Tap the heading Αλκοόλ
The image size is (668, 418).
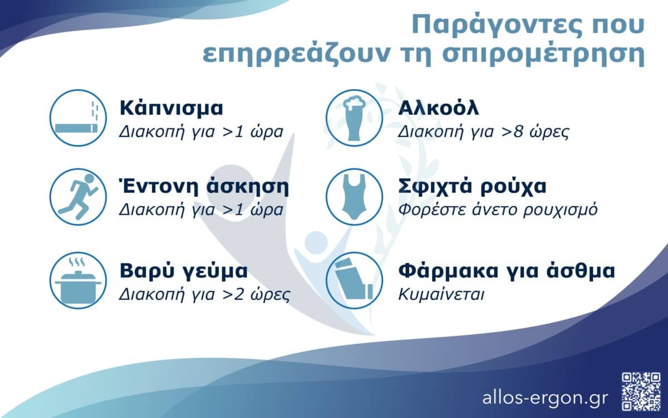point(439,108)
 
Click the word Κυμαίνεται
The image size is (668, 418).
point(441,294)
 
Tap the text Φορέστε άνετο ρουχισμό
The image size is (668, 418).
point(498,210)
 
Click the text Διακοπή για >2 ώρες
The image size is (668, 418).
point(204,294)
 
